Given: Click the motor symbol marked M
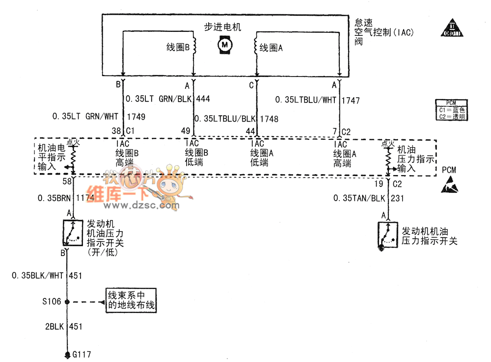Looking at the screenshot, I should tap(225, 45).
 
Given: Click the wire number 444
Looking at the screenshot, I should tap(203, 99).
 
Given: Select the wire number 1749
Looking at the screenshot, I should tap(136, 117).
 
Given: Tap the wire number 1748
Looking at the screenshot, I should tap(269, 119).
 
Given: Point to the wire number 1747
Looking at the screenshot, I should tap(351, 101).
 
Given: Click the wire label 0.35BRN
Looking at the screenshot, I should tap(54, 199).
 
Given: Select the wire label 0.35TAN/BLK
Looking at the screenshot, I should tap(359, 198).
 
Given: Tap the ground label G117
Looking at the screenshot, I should tap(82, 354).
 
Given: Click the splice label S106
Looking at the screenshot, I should tap(52, 302).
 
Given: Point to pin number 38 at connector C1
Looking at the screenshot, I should tap(116, 131).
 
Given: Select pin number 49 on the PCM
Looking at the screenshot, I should tap(185, 131).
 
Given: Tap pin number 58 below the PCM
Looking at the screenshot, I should tap(67, 182).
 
